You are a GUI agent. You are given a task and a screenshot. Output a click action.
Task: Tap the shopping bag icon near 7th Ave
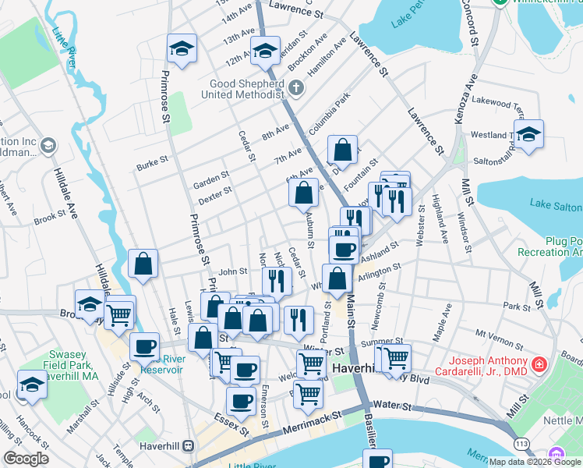(x=342, y=149)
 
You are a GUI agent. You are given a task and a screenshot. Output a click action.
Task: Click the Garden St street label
(x=211, y=180)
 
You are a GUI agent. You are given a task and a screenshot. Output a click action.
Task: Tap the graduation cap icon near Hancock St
(x=32, y=386)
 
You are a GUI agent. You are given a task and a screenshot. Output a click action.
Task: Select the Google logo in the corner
(x=26, y=458)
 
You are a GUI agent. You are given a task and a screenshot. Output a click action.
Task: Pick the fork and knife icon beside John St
(x=277, y=279)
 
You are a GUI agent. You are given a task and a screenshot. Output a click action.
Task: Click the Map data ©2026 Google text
(x=535, y=462)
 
